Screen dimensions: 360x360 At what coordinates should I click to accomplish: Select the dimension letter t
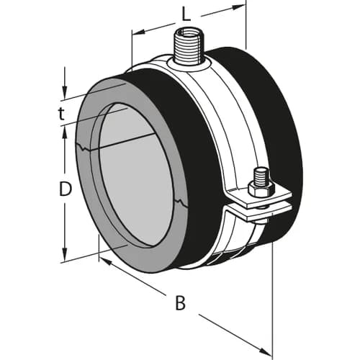tap(63, 113)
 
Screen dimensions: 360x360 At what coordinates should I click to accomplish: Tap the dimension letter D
tap(66, 189)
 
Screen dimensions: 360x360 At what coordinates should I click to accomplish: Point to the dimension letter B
tap(180, 302)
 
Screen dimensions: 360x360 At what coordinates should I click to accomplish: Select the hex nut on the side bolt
tap(261, 188)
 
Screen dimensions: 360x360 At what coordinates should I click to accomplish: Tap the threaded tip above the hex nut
tap(261, 174)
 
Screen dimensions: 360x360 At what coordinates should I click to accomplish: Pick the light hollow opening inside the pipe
tap(137, 176)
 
